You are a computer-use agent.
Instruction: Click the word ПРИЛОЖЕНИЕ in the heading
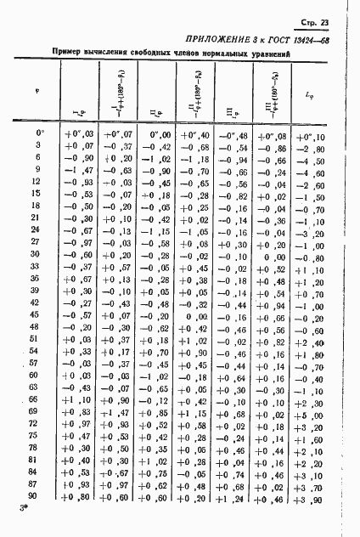pos(218,40)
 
